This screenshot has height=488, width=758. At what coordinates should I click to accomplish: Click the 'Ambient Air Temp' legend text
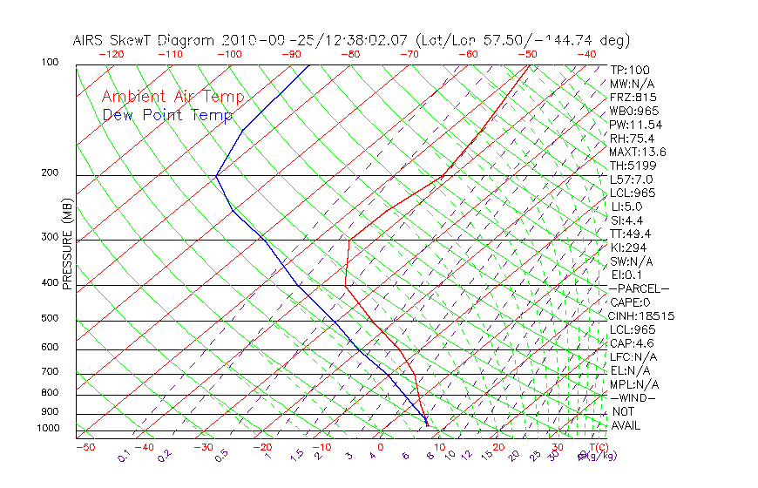click(173, 97)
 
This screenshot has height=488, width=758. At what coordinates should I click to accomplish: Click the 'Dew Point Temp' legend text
click(166, 115)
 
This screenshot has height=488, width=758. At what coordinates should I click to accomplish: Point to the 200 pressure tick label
click(50, 173)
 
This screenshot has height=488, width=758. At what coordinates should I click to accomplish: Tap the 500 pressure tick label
click(50, 319)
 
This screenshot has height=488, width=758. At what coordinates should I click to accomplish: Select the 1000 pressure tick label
click(47, 429)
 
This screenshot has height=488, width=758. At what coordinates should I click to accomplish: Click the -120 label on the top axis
click(111, 54)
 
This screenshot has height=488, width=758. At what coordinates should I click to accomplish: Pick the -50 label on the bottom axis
click(85, 447)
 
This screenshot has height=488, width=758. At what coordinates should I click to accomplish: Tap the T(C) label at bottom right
click(597, 447)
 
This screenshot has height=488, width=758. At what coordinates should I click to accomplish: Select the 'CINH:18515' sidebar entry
click(642, 316)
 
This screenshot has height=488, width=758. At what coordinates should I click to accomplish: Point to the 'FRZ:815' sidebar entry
click(633, 98)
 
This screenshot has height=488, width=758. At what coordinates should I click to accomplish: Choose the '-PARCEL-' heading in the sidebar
click(639, 288)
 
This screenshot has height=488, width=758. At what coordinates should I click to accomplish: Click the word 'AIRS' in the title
click(91, 41)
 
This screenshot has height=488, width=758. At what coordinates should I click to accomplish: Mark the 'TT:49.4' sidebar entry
click(631, 234)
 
